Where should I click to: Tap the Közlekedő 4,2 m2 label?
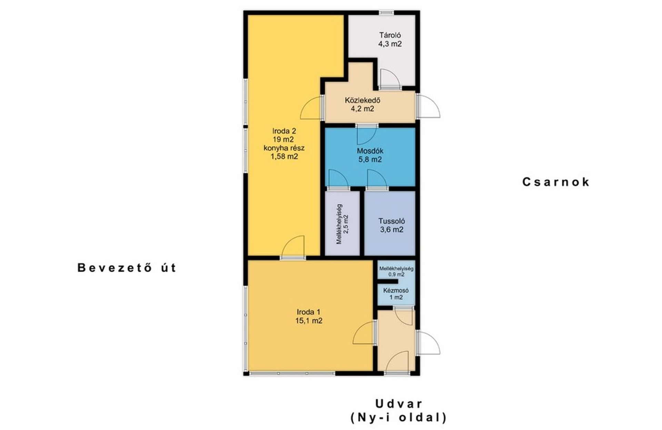(362, 104)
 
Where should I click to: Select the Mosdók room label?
(370, 155)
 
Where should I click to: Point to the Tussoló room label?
(392, 225)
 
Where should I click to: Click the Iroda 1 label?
(309, 312)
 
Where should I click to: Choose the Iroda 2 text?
(284, 131)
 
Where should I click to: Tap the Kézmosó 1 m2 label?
(396, 294)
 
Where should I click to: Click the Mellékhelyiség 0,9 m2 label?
(396, 271)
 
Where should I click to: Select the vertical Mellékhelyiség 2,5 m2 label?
(342, 224)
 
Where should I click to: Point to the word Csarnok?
(556, 182)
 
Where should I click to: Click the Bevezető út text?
(127, 268)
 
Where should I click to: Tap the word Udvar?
(399, 403)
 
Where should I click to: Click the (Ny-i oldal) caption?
(399, 418)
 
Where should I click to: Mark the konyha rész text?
(284, 148)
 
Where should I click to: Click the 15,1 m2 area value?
(309, 321)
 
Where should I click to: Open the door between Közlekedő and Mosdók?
(367, 134)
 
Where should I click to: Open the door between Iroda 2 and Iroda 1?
(293, 247)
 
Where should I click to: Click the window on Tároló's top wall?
(387, 13)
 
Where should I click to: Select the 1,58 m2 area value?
(284, 157)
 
